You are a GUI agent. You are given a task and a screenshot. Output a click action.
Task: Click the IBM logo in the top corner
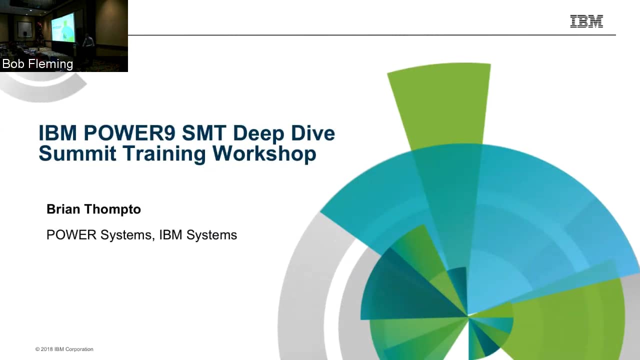pos(586,21)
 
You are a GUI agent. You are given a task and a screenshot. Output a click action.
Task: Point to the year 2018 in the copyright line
pos(47,349)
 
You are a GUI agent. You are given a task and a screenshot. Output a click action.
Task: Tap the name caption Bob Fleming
pos(37,64)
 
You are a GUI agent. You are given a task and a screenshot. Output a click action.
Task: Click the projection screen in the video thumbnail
pos(63,27)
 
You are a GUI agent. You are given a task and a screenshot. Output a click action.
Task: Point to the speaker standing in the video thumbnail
pos(88,42)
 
